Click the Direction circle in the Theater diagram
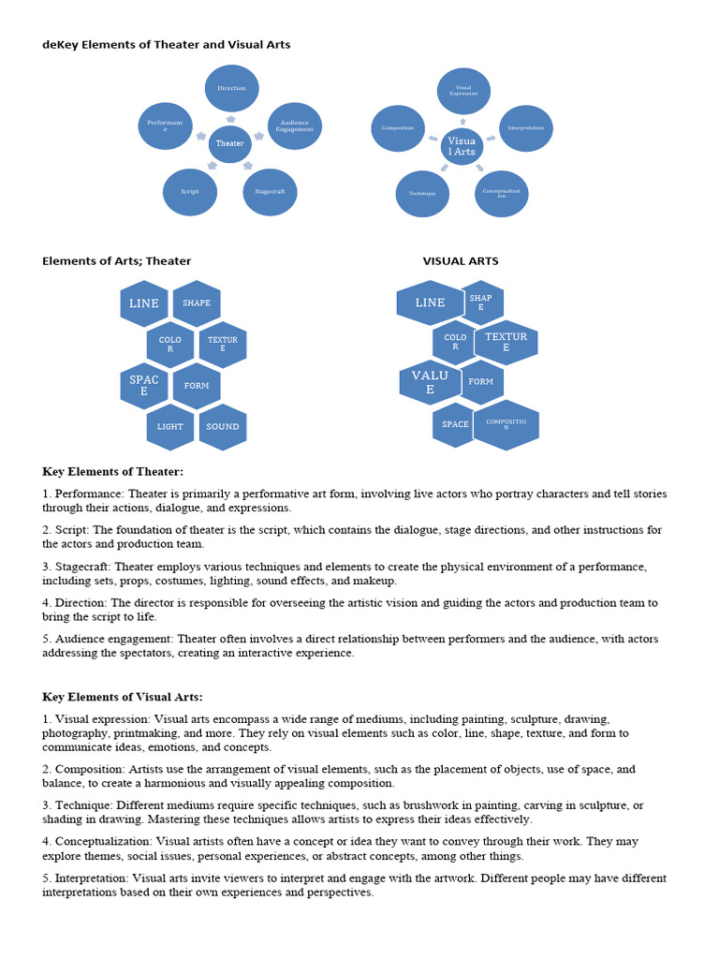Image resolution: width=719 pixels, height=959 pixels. click(231, 88)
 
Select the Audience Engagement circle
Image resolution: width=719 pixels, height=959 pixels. click(295, 125)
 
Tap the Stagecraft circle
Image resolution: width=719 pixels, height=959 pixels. click(270, 191)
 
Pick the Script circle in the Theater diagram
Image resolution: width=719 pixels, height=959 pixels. click(190, 191)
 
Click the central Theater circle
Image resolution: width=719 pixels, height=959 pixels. click(229, 143)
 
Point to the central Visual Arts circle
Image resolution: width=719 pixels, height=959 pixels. click(462, 146)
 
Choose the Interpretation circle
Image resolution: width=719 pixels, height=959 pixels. click(526, 127)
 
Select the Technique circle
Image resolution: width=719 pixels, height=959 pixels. click(422, 193)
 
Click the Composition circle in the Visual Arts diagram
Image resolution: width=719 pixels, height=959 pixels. click(398, 127)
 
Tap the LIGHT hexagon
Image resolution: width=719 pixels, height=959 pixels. click(170, 426)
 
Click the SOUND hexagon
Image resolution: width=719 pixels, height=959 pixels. click(223, 426)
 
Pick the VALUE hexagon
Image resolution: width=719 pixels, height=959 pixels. click(430, 382)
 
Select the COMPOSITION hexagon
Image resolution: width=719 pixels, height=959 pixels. click(506, 424)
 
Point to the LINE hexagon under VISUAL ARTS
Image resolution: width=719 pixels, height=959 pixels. click(430, 302)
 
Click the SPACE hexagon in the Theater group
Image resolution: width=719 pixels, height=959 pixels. click(144, 385)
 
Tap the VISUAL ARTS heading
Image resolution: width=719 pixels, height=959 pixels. click(461, 261)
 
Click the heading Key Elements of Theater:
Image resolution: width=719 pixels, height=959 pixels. click(112, 471)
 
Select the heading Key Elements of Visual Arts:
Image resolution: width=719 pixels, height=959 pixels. click(122, 697)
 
